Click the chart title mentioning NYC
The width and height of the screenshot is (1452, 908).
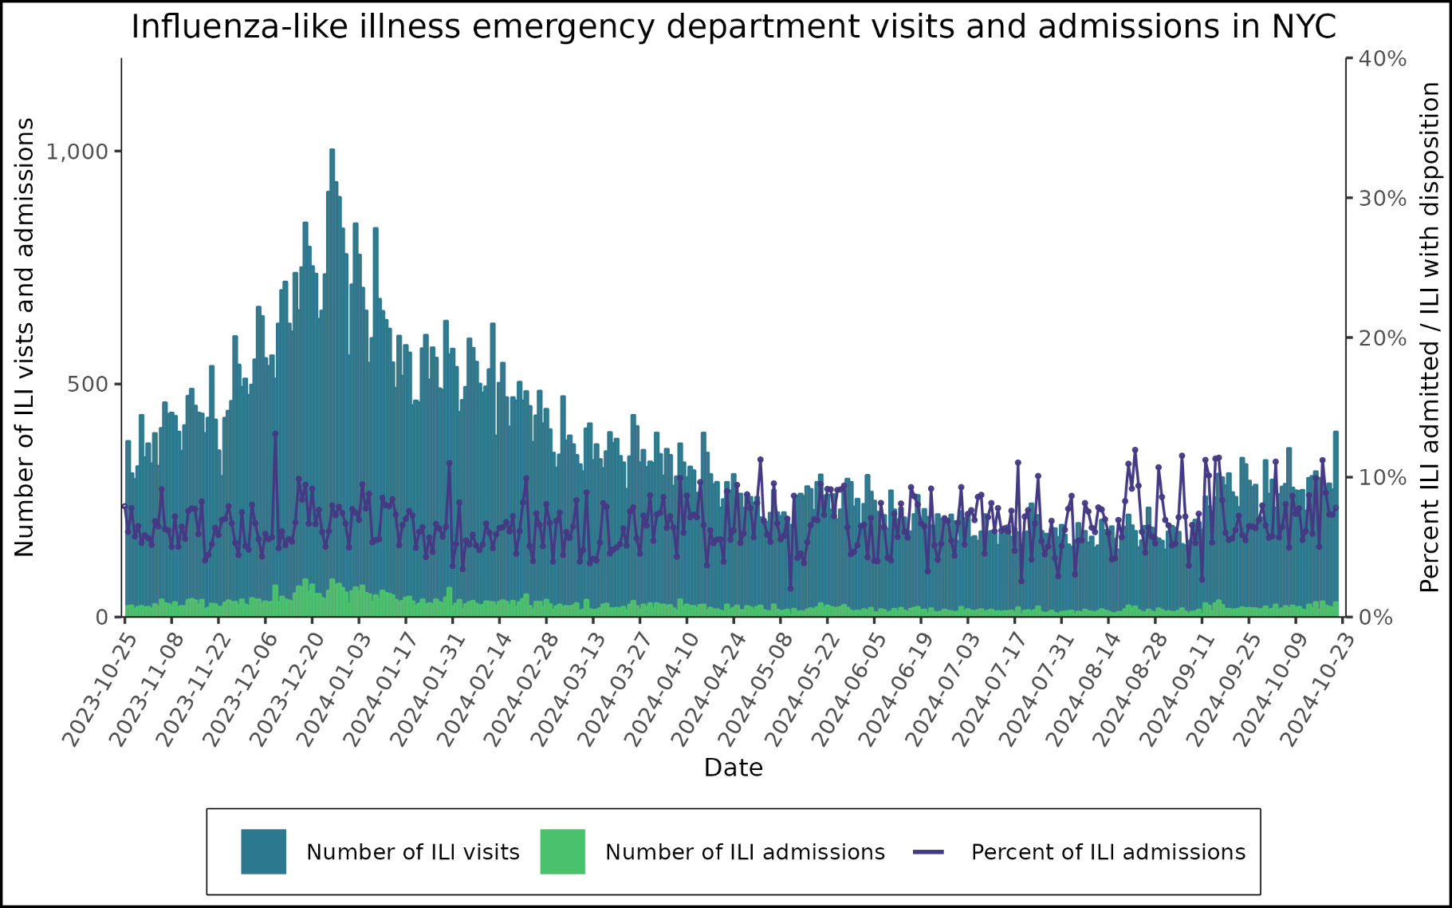pyautogui.click(x=733, y=26)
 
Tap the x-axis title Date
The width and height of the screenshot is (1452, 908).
pyautogui.click(x=733, y=768)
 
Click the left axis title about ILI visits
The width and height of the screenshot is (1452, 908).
pyautogui.click(x=25, y=337)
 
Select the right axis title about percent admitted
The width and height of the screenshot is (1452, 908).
pyautogui.click(x=1430, y=337)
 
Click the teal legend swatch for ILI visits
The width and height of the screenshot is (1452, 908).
pyautogui.click(x=263, y=851)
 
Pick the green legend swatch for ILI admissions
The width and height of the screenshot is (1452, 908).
pyautogui.click(x=562, y=851)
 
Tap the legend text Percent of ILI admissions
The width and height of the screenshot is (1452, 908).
pyautogui.click(x=1108, y=852)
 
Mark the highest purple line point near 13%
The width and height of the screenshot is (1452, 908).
pyautogui.click(x=275, y=434)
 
